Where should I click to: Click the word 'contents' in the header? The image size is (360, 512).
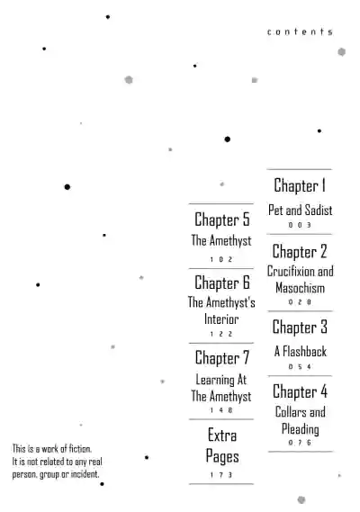pyautogui.click(x=300, y=31)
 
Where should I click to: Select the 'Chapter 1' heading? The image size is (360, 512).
pyautogui.click(x=300, y=185)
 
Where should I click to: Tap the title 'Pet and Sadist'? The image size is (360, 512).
pyautogui.click(x=300, y=210)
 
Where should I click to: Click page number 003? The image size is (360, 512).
pyautogui.click(x=300, y=225)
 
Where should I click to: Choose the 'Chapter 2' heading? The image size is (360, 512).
pyautogui.click(x=300, y=251)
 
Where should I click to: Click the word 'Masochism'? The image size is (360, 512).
pyautogui.click(x=300, y=288)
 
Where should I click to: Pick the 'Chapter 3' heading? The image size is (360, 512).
pyautogui.click(x=300, y=328)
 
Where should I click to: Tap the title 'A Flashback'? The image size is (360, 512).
pyautogui.click(x=301, y=351)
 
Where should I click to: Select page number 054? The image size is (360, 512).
pyautogui.click(x=300, y=367)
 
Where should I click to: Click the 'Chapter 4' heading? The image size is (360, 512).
pyautogui.click(x=300, y=391)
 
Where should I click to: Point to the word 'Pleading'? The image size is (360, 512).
pyautogui.click(x=301, y=429)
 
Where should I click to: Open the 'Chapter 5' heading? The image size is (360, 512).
pyautogui.click(x=221, y=220)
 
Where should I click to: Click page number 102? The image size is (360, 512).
pyautogui.click(x=221, y=259)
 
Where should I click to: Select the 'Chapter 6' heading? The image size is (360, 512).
pyautogui.click(x=221, y=283)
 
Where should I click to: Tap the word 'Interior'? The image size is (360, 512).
pyautogui.click(x=221, y=319)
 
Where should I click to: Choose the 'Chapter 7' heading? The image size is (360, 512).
pyautogui.click(x=221, y=358)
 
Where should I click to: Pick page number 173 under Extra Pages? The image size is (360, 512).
pyautogui.click(x=221, y=475)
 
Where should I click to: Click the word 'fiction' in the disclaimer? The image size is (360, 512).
pyautogui.click(x=80, y=449)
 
